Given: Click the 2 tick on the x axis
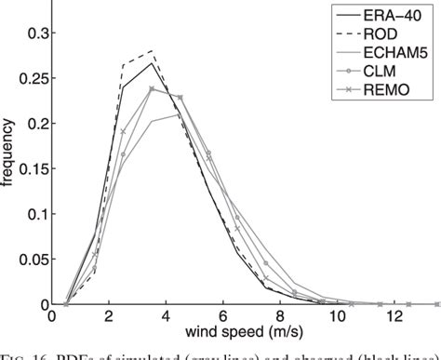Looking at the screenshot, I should pyautogui.click(x=108, y=317).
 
